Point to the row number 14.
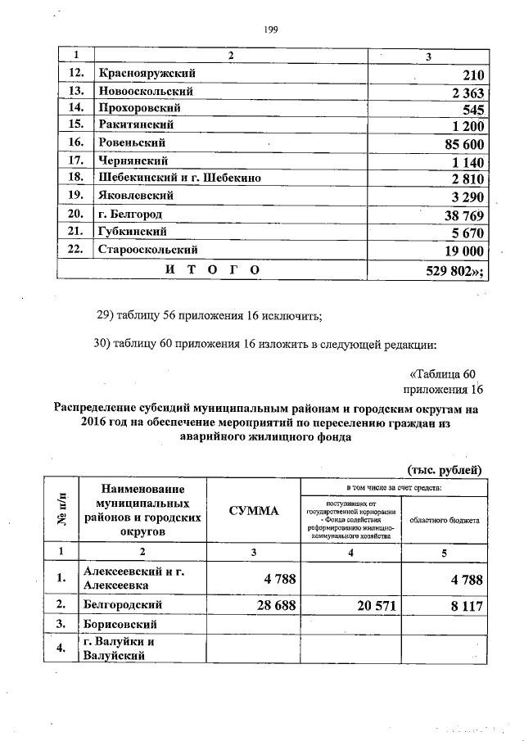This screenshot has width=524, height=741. pyautogui.click(x=75, y=107)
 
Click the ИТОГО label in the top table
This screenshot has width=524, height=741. pyautogui.click(x=212, y=269)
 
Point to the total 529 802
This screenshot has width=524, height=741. pyautogui.click(x=454, y=269)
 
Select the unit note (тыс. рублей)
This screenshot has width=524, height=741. pyautogui.click(x=445, y=469)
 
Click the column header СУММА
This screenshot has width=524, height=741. pyautogui.click(x=253, y=511)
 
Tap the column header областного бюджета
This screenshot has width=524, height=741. pyautogui.click(x=445, y=520)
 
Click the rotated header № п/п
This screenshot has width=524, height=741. pyautogui.click(x=65, y=511)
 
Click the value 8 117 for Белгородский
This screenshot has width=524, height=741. pyautogui.click(x=460, y=606)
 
